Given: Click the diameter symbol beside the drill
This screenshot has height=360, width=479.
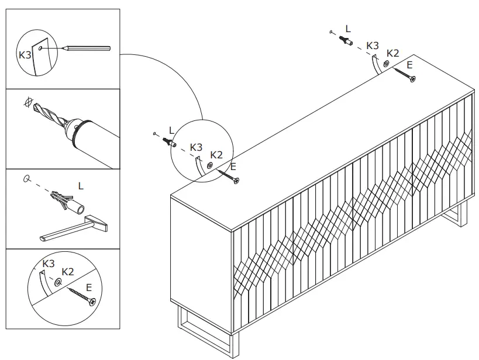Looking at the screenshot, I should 25,102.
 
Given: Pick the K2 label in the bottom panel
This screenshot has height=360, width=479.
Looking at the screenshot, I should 68,272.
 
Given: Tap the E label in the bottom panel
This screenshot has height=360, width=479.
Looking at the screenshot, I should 88,287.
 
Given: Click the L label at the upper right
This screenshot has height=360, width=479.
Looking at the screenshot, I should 349,28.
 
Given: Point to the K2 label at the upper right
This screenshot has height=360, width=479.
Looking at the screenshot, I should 392,53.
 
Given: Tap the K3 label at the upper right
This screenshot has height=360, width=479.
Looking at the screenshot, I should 372,45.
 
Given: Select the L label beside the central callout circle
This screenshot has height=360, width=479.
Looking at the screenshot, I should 171,130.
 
